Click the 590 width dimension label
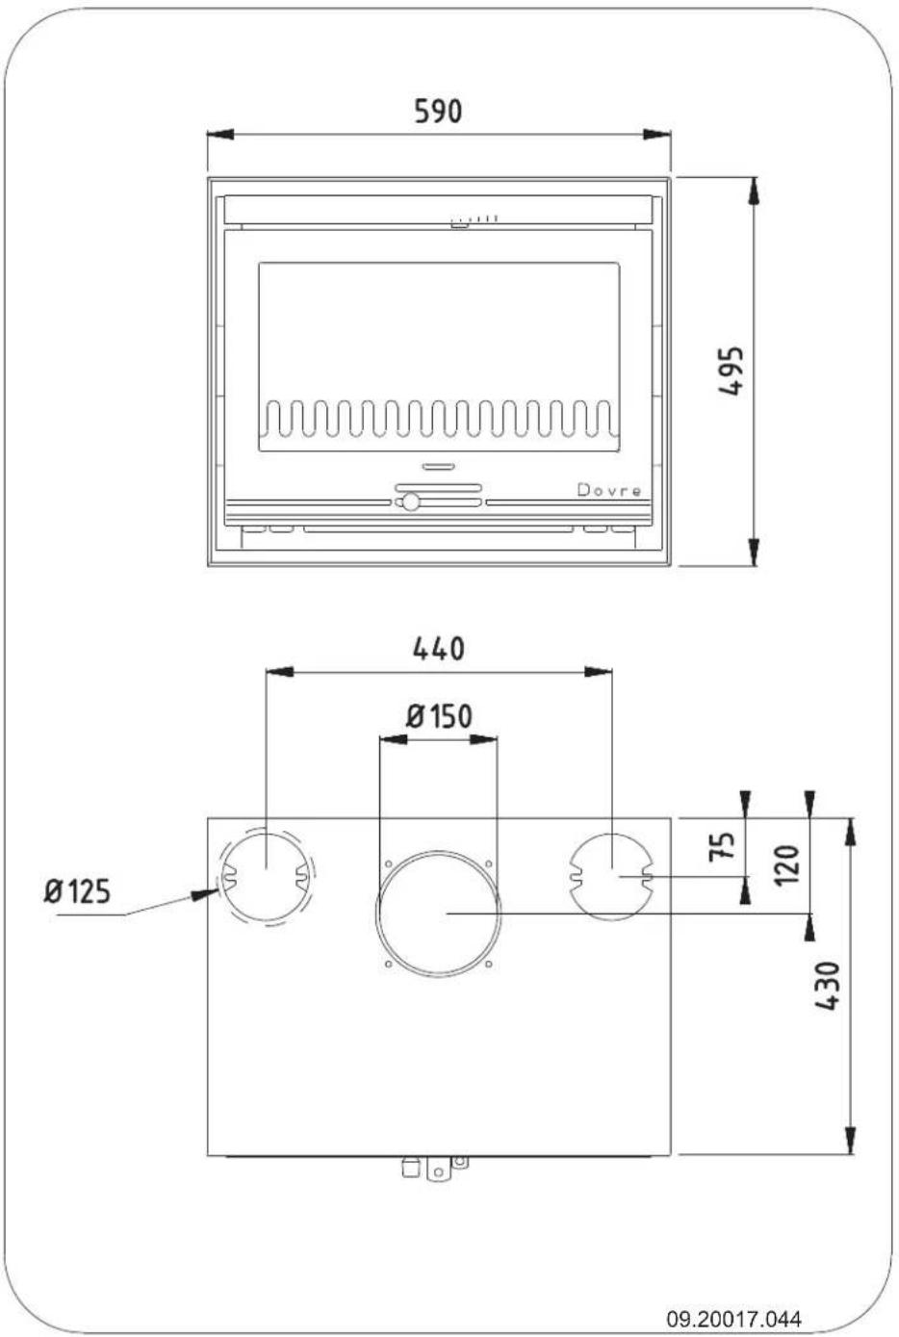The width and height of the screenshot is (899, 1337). point(438,111)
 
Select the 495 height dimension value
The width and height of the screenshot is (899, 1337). point(732,371)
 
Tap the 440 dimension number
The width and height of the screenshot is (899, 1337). point(438,649)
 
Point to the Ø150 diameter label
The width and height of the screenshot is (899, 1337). point(439,716)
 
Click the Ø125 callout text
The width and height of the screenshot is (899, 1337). point(78,891)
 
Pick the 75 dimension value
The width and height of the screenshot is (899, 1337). point(722,846)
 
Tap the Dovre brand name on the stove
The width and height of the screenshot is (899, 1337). point(609,490)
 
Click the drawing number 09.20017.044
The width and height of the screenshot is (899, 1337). point(733,1319)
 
